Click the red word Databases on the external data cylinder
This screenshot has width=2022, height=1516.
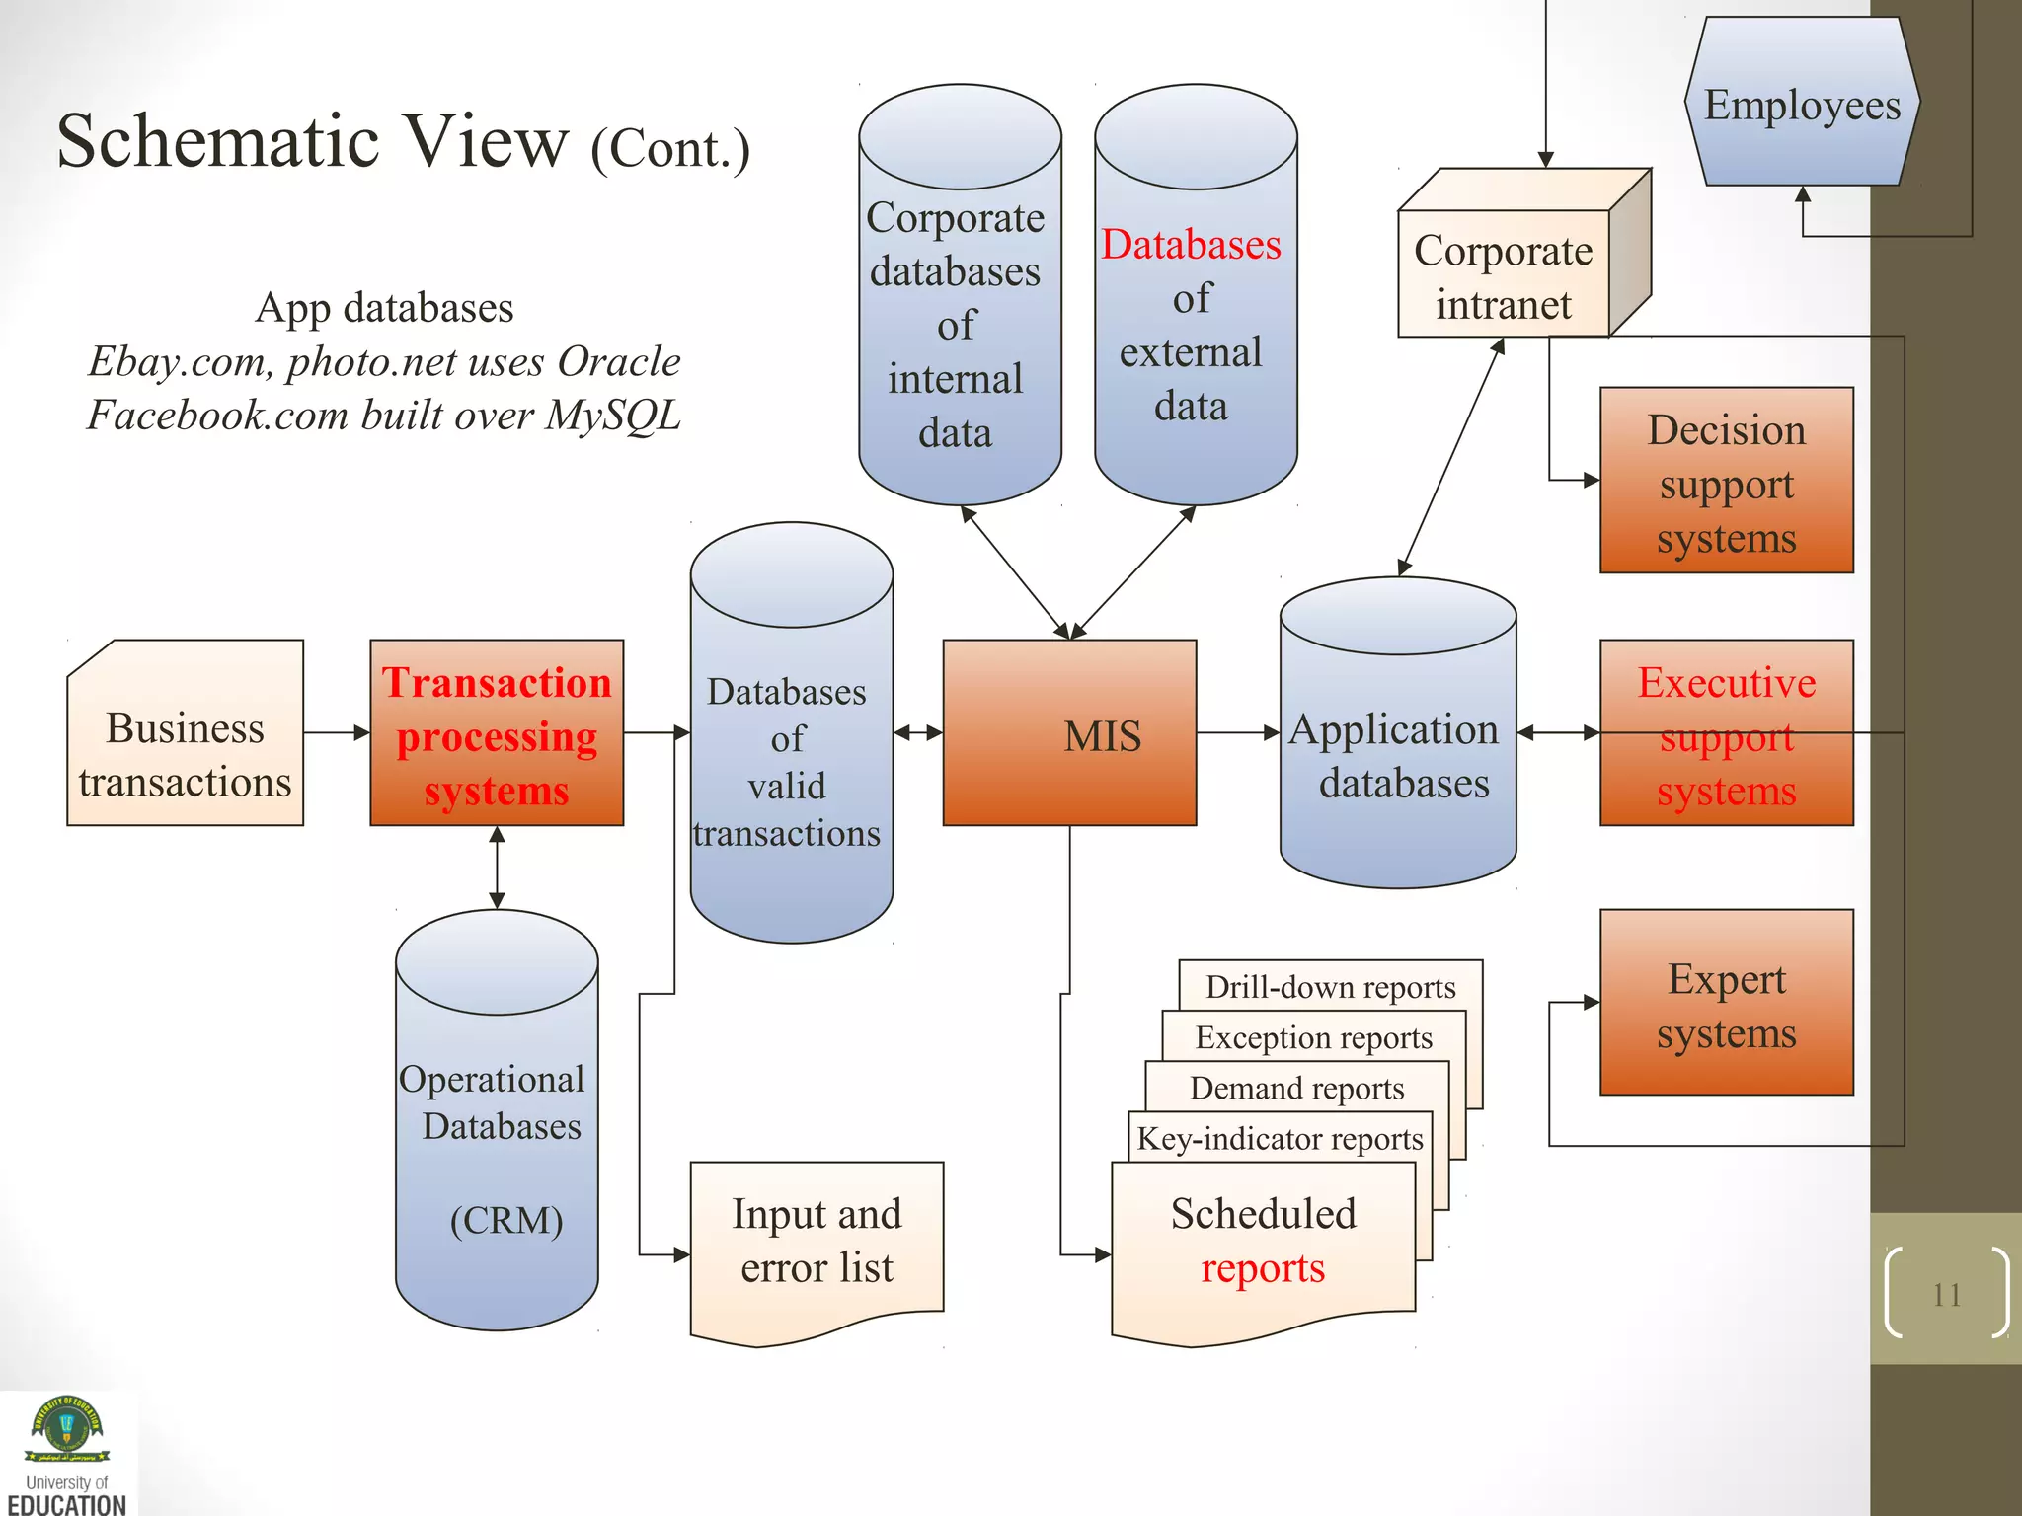(1191, 244)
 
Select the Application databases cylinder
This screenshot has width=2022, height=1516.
(1397, 755)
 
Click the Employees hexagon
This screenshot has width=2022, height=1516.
(1802, 105)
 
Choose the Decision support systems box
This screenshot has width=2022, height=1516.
(1726, 481)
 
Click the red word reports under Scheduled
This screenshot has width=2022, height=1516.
(1263, 1268)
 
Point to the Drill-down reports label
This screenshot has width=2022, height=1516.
(1330, 987)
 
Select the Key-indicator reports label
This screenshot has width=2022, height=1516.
(1280, 1139)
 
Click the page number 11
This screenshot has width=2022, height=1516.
(1946, 1294)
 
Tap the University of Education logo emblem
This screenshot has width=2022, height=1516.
(66, 1428)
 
